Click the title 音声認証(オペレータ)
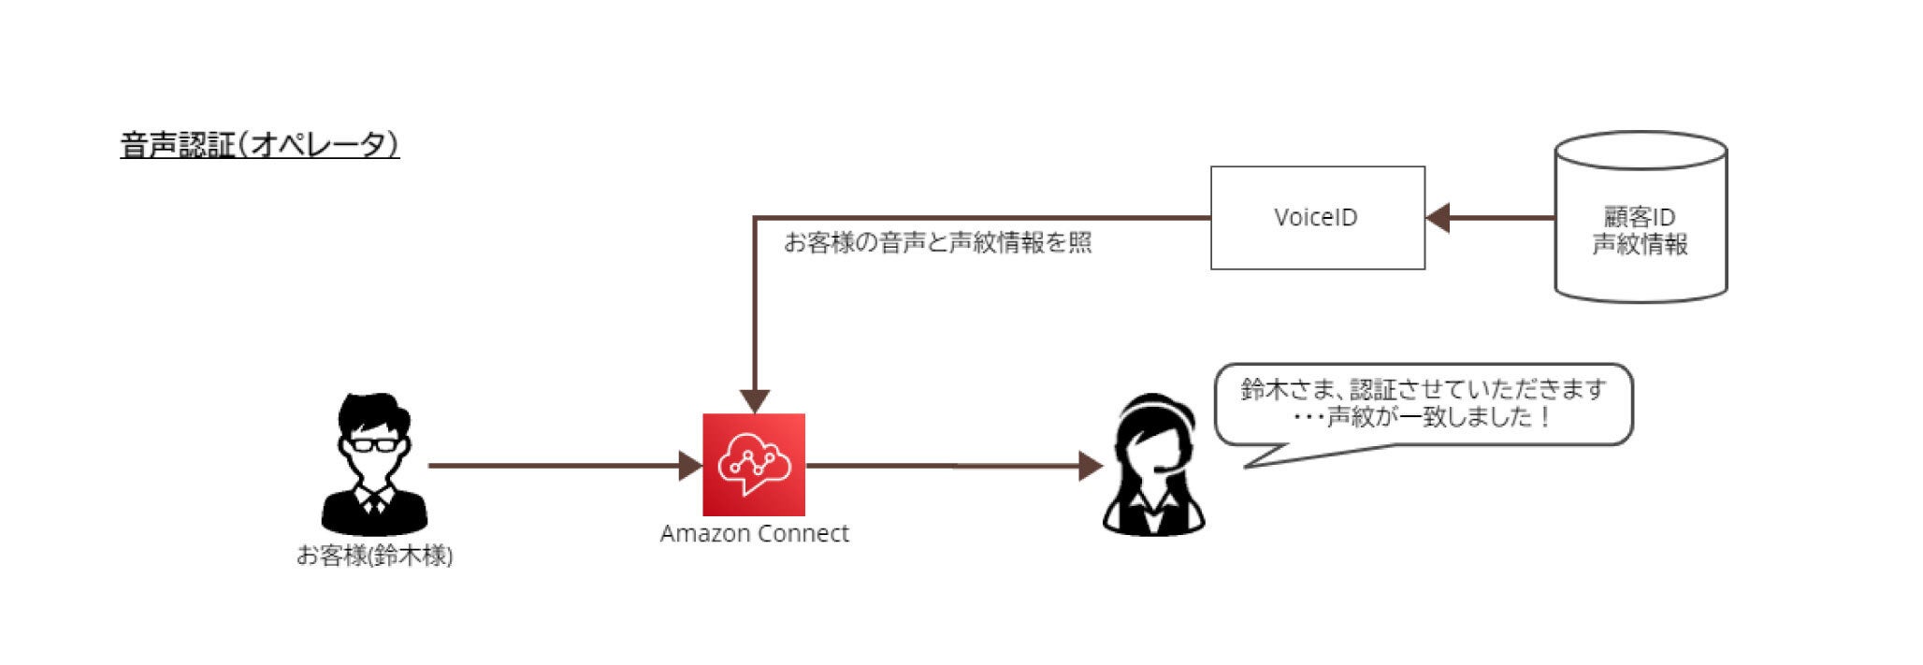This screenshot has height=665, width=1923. (260, 146)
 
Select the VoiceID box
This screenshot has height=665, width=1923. (1317, 218)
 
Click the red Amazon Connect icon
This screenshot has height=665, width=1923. (754, 465)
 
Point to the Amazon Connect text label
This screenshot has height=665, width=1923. (754, 534)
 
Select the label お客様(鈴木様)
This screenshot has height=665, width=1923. (374, 557)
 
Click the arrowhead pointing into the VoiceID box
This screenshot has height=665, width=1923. (1438, 218)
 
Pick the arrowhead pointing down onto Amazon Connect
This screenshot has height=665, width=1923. (754, 401)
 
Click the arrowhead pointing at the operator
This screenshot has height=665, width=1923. (1091, 466)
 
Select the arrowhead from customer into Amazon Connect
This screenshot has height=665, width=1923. (690, 465)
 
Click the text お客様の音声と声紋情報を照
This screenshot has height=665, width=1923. (937, 243)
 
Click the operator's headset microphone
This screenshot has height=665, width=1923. (1165, 469)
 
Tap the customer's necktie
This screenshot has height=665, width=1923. (374, 506)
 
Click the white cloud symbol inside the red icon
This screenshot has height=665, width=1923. (753, 460)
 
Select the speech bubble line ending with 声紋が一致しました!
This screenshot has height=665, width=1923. (1422, 417)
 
